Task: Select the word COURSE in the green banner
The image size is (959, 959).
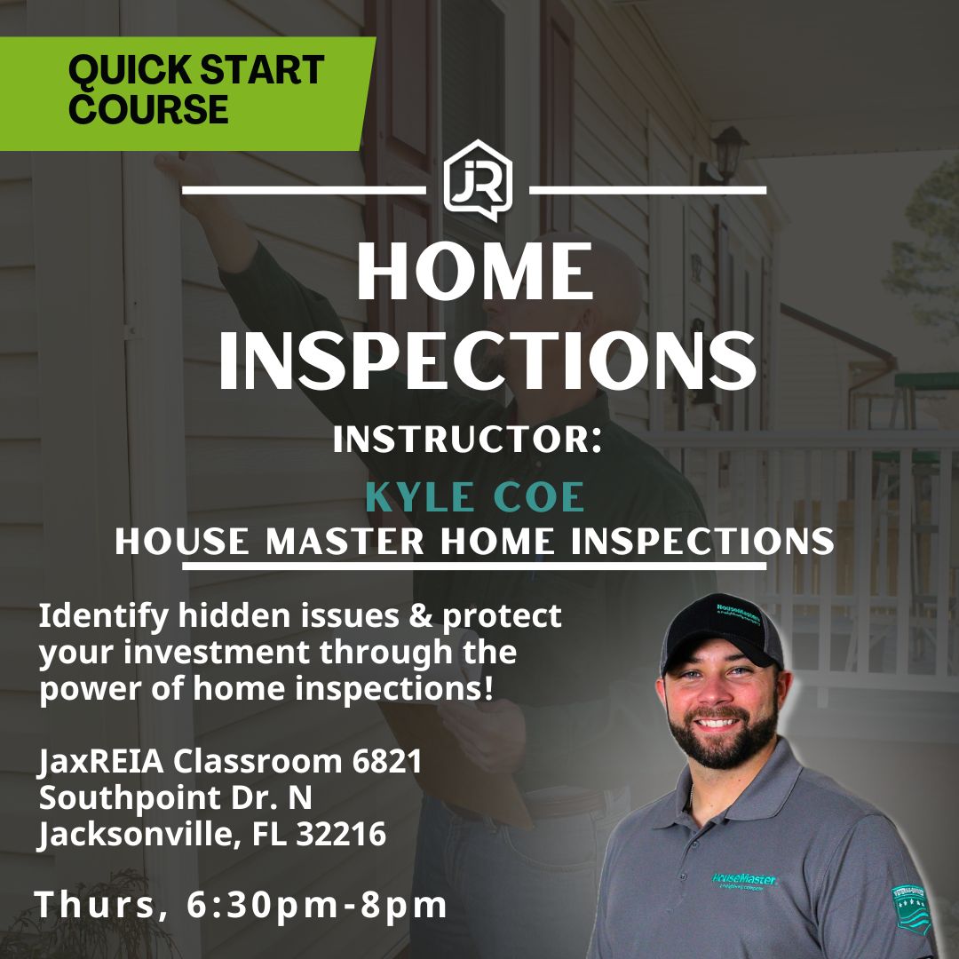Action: click(148, 109)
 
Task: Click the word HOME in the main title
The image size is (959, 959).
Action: click(475, 271)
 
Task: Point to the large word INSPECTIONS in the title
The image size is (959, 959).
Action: click(487, 361)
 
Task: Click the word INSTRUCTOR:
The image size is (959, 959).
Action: click(468, 440)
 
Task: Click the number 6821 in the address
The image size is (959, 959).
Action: click(387, 761)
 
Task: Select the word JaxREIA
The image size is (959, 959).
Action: click(101, 762)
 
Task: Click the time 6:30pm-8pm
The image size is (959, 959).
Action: click(317, 905)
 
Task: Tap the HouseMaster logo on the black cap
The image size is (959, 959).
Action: click(738, 614)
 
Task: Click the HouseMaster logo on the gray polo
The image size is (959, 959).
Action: click(744, 881)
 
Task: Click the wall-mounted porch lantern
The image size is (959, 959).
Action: click(729, 155)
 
